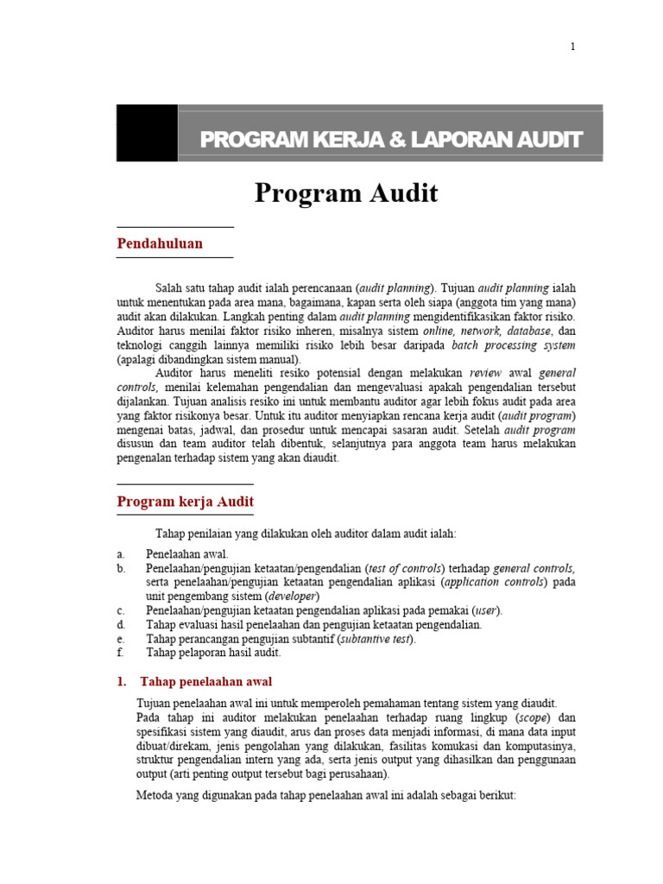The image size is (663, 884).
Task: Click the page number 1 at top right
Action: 571,47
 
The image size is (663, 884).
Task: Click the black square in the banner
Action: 147,133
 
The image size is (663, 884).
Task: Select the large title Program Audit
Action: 346,194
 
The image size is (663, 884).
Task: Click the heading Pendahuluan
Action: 160,243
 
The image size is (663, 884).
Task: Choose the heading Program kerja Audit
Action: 185,502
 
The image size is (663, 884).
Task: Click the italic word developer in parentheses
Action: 292,597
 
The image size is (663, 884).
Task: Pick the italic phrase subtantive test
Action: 373,639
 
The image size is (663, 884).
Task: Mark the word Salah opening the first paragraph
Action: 169,287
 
